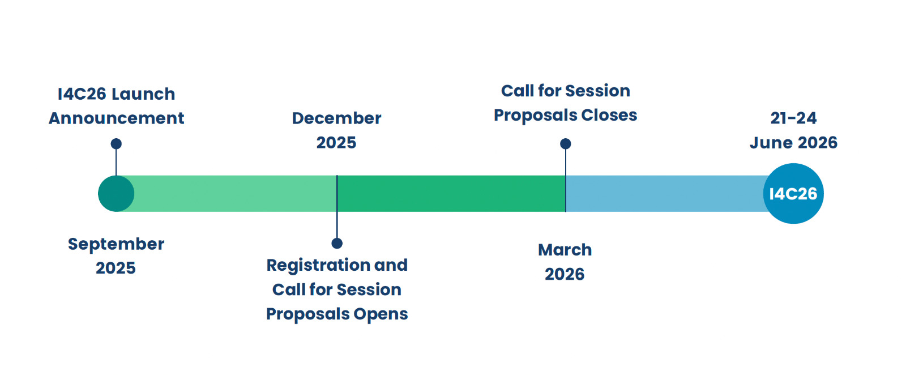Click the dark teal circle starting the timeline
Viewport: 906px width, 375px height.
point(116,193)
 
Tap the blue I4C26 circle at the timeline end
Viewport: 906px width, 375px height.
point(793,193)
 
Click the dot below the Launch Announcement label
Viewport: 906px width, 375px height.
point(116,144)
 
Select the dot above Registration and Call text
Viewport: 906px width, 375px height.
point(337,243)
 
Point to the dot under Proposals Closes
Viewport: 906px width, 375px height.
point(566,144)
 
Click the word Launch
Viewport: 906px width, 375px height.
point(143,94)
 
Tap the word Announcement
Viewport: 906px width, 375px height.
point(117,118)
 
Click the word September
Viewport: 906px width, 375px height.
point(116,244)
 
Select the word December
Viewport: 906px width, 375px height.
point(336,118)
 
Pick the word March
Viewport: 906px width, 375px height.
point(565,250)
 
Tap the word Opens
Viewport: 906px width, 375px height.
point(381,314)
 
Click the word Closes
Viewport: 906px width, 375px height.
point(609,115)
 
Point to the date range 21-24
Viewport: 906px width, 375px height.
point(793,118)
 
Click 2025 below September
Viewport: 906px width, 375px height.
point(116,268)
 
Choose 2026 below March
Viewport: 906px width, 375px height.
point(565,274)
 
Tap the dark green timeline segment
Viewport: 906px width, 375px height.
point(451,193)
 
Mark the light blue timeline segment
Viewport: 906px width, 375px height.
point(665,193)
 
